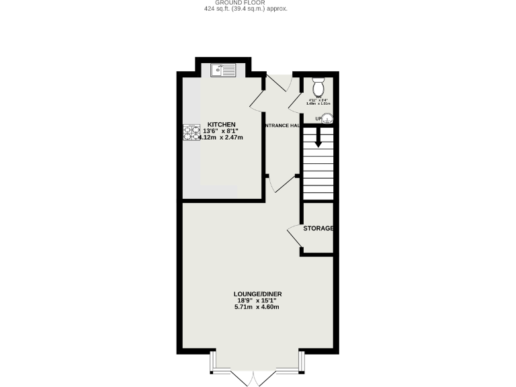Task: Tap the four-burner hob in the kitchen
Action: tap(191, 133)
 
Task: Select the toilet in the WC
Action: tap(318, 87)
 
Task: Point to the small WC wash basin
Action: tap(328, 120)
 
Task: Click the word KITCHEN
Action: tap(221, 125)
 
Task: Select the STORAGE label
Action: tap(318, 228)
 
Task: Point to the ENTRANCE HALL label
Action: tap(282, 126)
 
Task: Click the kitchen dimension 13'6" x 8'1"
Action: tap(221, 131)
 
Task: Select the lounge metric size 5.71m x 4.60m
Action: tap(256, 307)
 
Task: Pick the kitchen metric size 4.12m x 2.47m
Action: tap(220, 138)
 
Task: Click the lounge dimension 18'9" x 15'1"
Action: tap(256, 300)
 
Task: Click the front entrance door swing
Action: tap(278, 85)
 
